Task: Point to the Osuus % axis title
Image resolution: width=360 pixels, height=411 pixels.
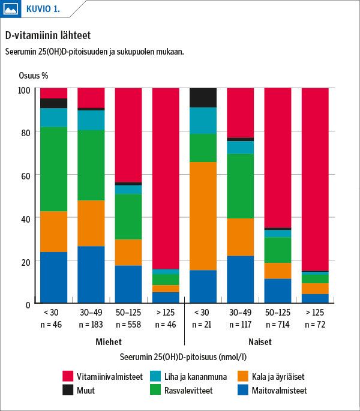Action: pos(32,75)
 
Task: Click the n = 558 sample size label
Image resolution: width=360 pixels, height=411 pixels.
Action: pos(128,325)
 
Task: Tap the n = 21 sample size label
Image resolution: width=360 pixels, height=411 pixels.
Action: pos(203,325)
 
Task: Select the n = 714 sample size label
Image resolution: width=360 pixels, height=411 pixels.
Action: pos(278,325)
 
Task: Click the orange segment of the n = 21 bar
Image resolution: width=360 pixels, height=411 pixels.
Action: pos(203,216)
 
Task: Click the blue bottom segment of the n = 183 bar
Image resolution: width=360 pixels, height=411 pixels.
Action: pos(91,275)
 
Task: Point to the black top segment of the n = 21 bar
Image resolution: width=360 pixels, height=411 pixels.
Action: pos(203,98)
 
